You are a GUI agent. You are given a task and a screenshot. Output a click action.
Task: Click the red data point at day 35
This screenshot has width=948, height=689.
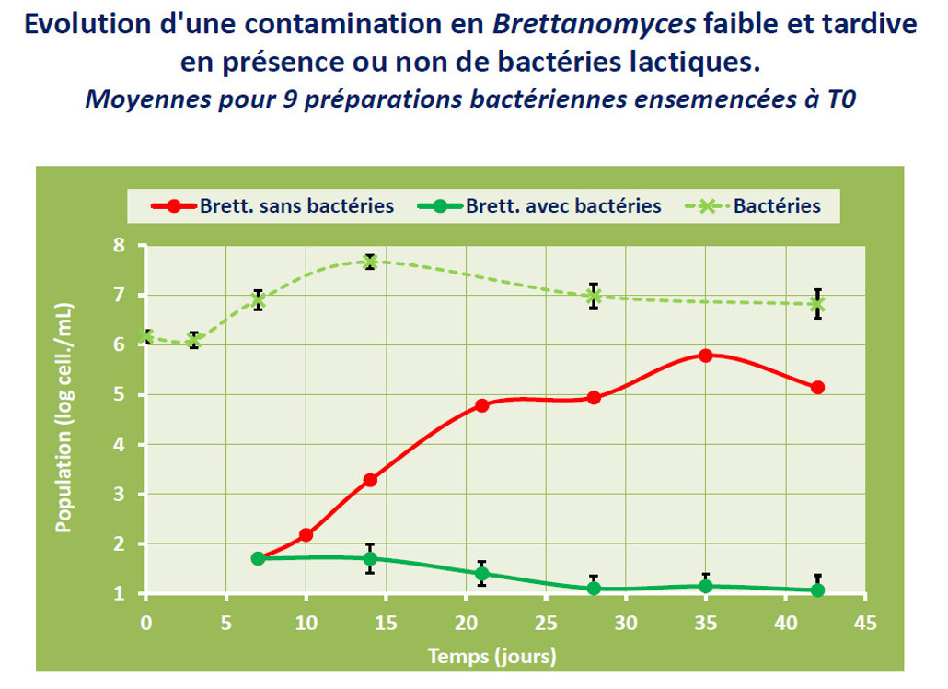(x=706, y=356)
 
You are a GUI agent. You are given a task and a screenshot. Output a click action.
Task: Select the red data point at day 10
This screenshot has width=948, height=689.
(x=306, y=534)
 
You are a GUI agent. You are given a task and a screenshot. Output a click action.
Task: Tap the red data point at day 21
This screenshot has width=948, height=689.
(x=482, y=405)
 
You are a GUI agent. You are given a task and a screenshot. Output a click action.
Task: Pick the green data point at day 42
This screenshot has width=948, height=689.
(x=817, y=590)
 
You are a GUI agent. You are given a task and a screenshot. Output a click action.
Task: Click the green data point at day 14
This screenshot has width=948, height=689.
(x=370, y=558)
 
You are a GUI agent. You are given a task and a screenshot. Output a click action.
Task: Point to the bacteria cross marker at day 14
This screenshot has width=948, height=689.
(x=370, y=262)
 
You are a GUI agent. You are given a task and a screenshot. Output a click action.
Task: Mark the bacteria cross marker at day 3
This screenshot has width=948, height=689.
(x=194, y=341)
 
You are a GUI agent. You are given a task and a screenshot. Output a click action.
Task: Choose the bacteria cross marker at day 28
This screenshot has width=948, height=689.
(x=594, y=297)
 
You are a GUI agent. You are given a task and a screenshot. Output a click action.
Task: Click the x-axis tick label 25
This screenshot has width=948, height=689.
(x=546, y=623)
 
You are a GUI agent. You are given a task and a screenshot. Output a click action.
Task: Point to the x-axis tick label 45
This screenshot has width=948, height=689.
(x=865, y=623)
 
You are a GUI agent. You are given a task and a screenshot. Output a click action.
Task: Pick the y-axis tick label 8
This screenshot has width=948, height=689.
(x=118, y=246)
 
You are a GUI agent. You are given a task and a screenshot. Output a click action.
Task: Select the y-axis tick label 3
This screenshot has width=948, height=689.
(x=118, y=495)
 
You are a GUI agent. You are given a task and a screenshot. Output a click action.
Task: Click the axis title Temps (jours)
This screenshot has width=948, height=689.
(x=491, y=657)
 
